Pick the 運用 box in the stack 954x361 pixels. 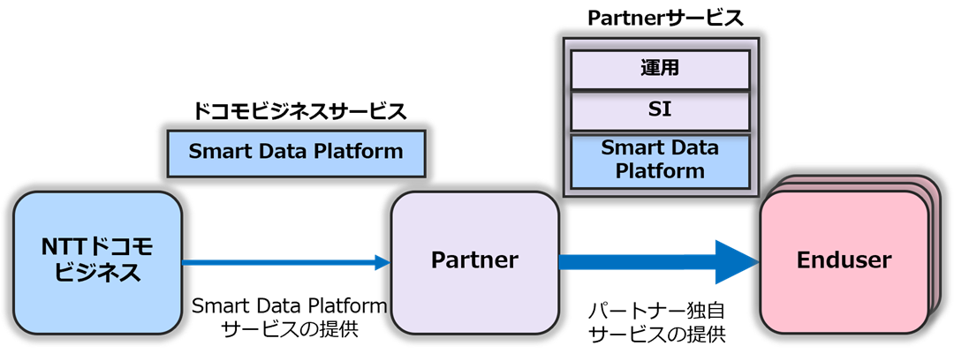[x=661, y=70]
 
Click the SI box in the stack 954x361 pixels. [x=661, y=111]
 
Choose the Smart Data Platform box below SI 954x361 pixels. [x=661, y=160]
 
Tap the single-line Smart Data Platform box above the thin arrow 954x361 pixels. [x=296, y=151]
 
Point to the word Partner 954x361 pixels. [x=474, y=261]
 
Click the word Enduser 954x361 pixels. [x=844, y=261]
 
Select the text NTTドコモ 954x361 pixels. [x=97, y=250]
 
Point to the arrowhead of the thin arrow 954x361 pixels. [x=383, y=262]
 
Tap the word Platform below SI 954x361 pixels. [x=661, y=171]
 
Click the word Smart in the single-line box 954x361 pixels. [x=217, y=151]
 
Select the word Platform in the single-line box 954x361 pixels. [x=359, y=151]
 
